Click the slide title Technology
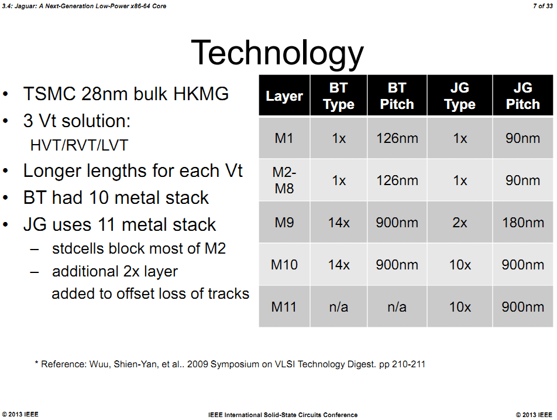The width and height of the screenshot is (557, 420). click(277, 53)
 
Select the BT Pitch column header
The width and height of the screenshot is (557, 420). click(397, 95)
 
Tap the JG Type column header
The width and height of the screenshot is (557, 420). click(460, 95)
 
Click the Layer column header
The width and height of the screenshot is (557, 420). click(284, 96)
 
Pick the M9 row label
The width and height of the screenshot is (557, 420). click(284, 223)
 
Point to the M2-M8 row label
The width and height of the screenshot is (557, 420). click(284, 180)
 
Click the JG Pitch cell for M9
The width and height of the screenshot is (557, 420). click(523, 223)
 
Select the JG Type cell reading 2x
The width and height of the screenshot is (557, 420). click(460, 223)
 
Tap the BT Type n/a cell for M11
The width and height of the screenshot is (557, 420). click(339, 307)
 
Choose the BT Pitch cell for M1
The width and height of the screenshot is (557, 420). click(397, 138)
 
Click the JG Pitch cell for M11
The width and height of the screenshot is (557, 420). click(523, 307)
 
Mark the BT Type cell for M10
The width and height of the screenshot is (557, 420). click(339, 265)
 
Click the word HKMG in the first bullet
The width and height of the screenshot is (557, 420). click(201, 94)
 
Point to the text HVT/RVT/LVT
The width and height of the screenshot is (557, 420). click(79, 145)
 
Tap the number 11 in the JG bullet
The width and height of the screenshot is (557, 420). click(107, 225)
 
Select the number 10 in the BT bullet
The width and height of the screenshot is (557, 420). click(99, 198)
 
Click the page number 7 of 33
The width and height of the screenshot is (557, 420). click(543, 6)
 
